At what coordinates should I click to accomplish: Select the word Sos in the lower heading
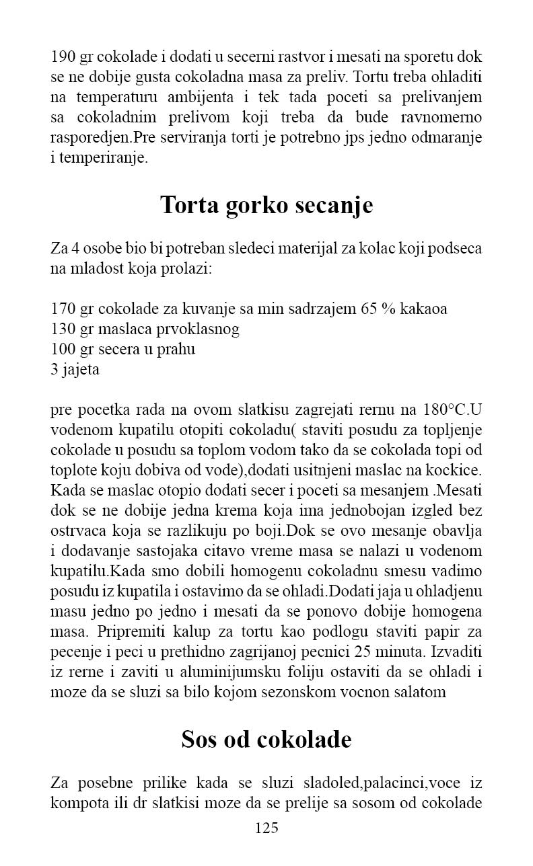point(199,740)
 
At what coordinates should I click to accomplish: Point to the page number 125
point(266,828)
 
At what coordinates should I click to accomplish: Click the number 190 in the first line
point(63,56)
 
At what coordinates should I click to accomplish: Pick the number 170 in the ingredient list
point(63,309)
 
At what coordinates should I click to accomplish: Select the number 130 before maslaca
point(63,329)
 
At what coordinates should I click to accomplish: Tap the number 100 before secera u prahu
point(63,350)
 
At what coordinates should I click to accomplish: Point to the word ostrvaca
point(77,531)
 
